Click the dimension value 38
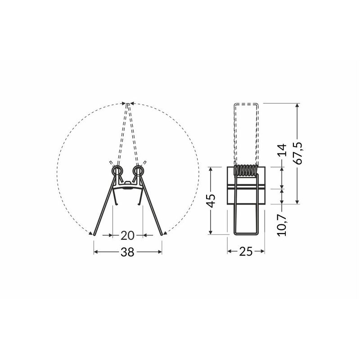[127, 252]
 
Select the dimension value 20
[127, 235]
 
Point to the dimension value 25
[246, 252]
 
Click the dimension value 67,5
[299, 153]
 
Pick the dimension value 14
[282, 150]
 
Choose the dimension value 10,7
[282, 225]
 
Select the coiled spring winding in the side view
[245, 170]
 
